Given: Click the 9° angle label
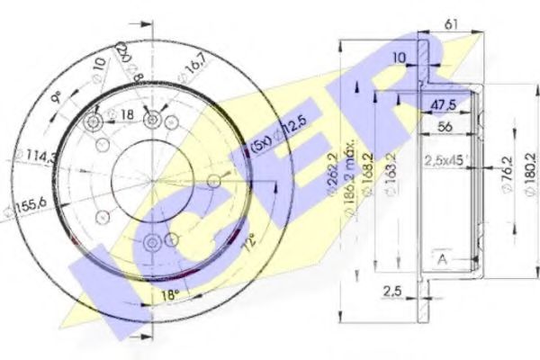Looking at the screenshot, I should [x=57, y=93].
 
